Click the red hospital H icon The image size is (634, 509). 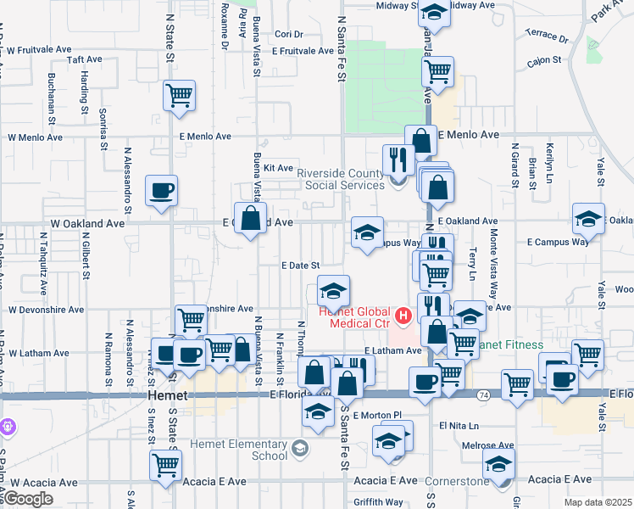403,317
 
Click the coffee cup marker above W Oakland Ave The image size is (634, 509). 161,191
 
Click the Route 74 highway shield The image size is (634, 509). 481,395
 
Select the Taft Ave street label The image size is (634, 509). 84,60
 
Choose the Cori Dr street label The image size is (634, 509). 289,35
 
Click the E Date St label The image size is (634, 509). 300,266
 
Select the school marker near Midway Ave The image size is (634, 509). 434,14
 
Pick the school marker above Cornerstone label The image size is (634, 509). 498,464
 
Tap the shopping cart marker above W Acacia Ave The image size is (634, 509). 165,465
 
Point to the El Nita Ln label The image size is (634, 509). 459,425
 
